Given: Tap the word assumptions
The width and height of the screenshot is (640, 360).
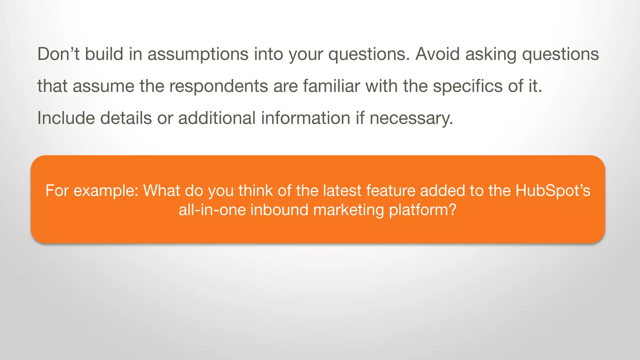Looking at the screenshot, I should (x=198, y=54).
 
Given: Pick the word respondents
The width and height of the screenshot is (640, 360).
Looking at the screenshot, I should (x=218, y=86).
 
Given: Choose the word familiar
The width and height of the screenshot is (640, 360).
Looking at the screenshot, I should (x=331, y=86).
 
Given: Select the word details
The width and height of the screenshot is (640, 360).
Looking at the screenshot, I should (x=126, y=118).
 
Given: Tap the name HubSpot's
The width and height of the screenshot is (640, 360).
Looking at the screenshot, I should (x=552, y=191).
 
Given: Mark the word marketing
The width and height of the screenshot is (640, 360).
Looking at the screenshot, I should (x=348, y=210).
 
